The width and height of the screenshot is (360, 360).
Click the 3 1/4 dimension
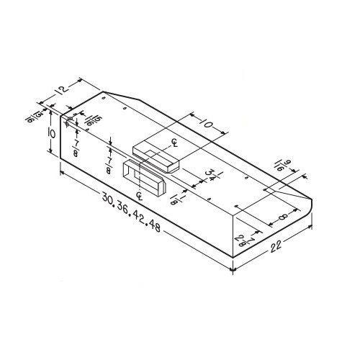[x=210, y=174]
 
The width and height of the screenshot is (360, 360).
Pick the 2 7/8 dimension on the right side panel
[x=240, y=239]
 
